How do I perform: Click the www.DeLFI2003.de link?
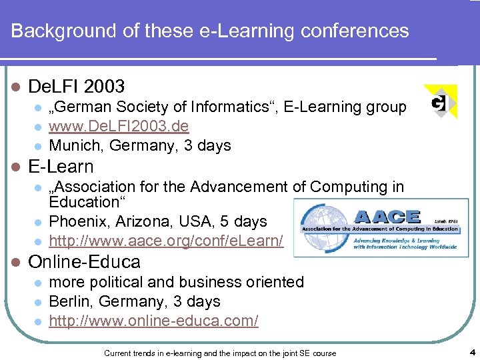click(119, 126)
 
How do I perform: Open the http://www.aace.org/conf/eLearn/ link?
click(166, 241)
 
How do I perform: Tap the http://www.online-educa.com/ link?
click(153, 321)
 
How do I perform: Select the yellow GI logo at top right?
click(440, 102)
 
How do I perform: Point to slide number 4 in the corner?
click(471, 352)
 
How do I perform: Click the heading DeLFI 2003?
click(77, 86)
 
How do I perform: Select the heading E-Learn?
click(61, 166)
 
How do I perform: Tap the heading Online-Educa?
click(85, 261)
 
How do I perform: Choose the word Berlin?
click(69, 301)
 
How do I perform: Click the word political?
click(121, 282)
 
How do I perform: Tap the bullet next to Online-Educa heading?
click(17, 262)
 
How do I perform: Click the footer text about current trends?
click(220, 353)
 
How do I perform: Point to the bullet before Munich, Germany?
click(38, 146)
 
